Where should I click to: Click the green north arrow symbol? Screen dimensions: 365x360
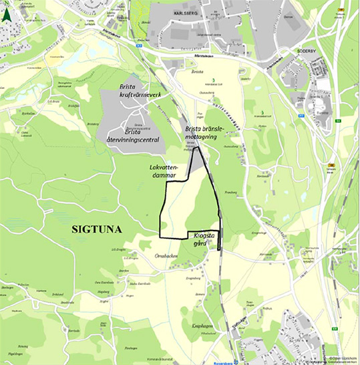tap(7, 13)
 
